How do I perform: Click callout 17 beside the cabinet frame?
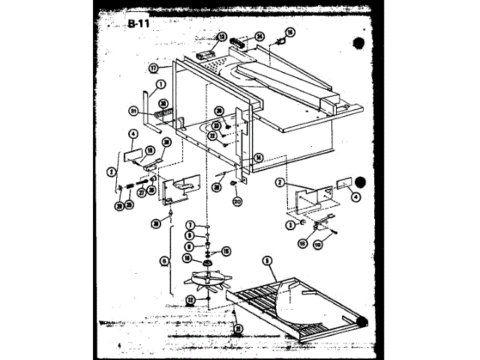(x=153, y=66)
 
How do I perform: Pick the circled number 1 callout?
(x=160, y=85)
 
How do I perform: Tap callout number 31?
(x=135, y=111)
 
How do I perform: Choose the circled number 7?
(x=191, y=225)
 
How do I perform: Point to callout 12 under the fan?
(x=191, y=299)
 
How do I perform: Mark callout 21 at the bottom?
(x=238, y=328)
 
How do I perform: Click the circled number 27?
(x=142, y=192)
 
